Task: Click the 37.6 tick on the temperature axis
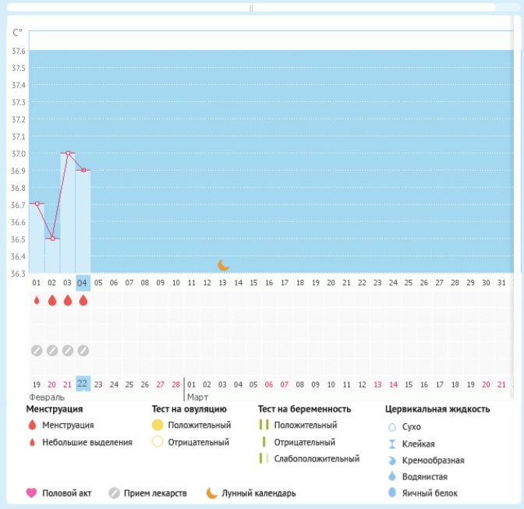18,51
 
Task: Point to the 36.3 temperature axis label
18,274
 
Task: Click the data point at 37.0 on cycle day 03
68,153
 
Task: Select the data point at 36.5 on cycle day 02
52,239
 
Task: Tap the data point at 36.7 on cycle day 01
37,204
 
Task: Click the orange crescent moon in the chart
223,265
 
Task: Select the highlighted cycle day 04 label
83,282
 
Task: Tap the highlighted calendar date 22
83,384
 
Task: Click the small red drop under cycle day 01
37,300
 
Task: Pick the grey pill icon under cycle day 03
68,351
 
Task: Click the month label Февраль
47,397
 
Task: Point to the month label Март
197,397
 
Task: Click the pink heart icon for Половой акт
32,493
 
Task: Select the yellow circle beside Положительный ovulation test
158,426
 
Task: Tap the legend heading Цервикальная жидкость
437,409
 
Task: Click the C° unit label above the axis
17,33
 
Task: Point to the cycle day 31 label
501,282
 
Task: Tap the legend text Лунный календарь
259,493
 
